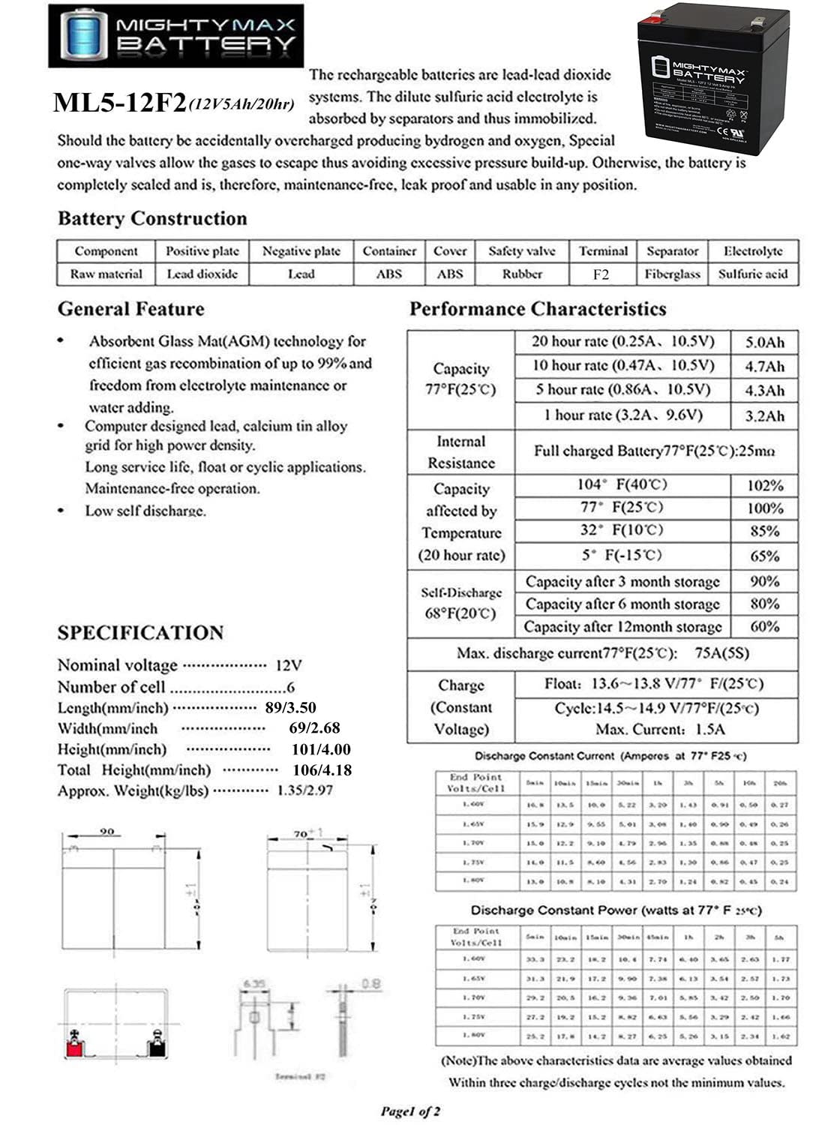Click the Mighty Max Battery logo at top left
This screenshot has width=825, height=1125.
pyautogui.click(x=175, y=35)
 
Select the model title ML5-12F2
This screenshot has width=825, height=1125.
pyautogui.click(x=119, y=103)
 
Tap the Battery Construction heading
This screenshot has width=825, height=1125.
pyautogui.click(x=152, y=219)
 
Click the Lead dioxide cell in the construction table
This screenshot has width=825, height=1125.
pyautogui.click(x=202, y=274)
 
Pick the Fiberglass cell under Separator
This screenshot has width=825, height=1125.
pyautogui.click(x=672, y=274)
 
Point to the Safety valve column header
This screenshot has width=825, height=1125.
pyautogui.click(x=521, y=251)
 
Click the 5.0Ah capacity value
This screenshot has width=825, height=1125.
pyautogui.click(x=764, y=343)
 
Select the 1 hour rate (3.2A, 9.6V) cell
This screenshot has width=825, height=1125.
pyautogui.click(x=622, y=415)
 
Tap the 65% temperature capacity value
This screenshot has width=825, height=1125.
pyautogui.click(x=764, y=556)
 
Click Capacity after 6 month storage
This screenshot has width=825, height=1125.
pyautogui.click(x=622, y=604)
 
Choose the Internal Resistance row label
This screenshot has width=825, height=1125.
pyautogui.click(x=460, y=452)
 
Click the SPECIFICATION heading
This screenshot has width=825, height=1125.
pyautogui.click(x=140, y=633)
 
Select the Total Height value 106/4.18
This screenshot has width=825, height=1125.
pyautogui.click(x=322, y=769)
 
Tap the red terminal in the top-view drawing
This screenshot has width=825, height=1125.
pyautogui.click(x=75, y=1044)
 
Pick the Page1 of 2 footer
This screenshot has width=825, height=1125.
pyautogui.click(x=410, y=1111)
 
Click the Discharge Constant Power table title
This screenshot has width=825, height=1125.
pyautogui.click(x=616, y=910)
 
